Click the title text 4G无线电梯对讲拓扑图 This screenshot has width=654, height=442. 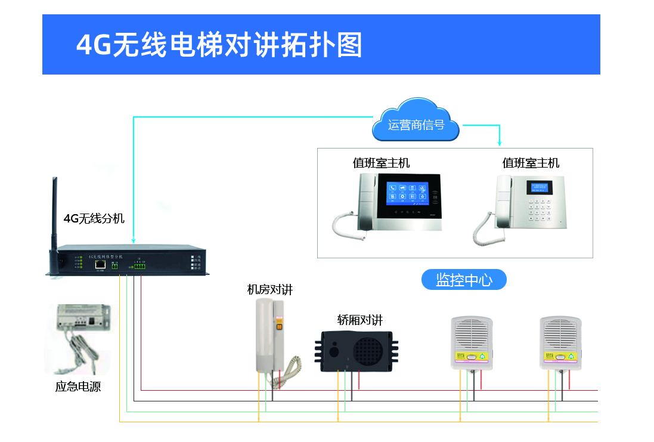click(x=219, y=45)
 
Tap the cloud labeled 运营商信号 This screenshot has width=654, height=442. click(x=416, y=125)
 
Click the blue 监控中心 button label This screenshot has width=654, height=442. click(x=464, y=280)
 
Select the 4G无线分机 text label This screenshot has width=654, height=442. click(x=94, y=218)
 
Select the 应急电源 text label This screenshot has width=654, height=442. click(x=78, y=387)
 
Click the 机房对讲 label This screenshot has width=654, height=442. click(x=270, y=290)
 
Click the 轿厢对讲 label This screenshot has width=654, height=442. click(x=359, y=320)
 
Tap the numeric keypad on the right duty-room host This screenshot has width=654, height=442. click(x=538, y=209)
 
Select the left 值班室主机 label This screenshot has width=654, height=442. click(x=381, y=163)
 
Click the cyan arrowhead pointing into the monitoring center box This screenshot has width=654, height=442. click(x=500, y=143)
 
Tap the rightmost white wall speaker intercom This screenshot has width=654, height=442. click(x=560, y=343)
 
